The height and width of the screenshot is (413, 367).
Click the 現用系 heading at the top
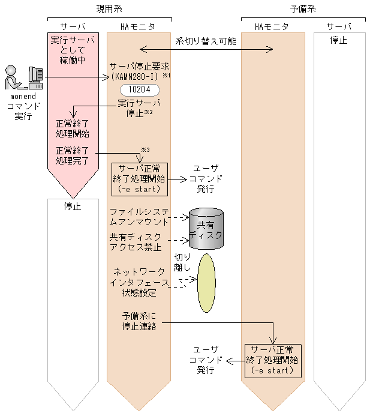[x=109, y=9]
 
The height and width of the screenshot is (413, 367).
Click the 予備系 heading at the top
[x=303, y=9]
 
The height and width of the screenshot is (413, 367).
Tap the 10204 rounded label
[x=139, y=90]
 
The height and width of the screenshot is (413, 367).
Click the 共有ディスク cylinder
[x=206, y=229]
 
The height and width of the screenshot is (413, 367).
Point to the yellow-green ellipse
[x=206, y=282]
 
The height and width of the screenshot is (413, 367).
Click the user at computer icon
[x=25, y=78]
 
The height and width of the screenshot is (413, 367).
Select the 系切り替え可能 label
[x=206, y=41]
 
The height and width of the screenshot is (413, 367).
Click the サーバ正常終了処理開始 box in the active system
[x=140, y=178]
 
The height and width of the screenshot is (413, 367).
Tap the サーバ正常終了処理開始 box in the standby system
[x=273, y=360]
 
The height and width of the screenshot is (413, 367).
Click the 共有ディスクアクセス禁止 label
[x=136, y=242]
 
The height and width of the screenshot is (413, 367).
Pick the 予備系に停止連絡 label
[x=139, y=322]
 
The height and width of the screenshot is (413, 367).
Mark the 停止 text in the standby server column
[x=339, y=40]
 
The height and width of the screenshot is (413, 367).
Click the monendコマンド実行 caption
[x=24, y=106]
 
